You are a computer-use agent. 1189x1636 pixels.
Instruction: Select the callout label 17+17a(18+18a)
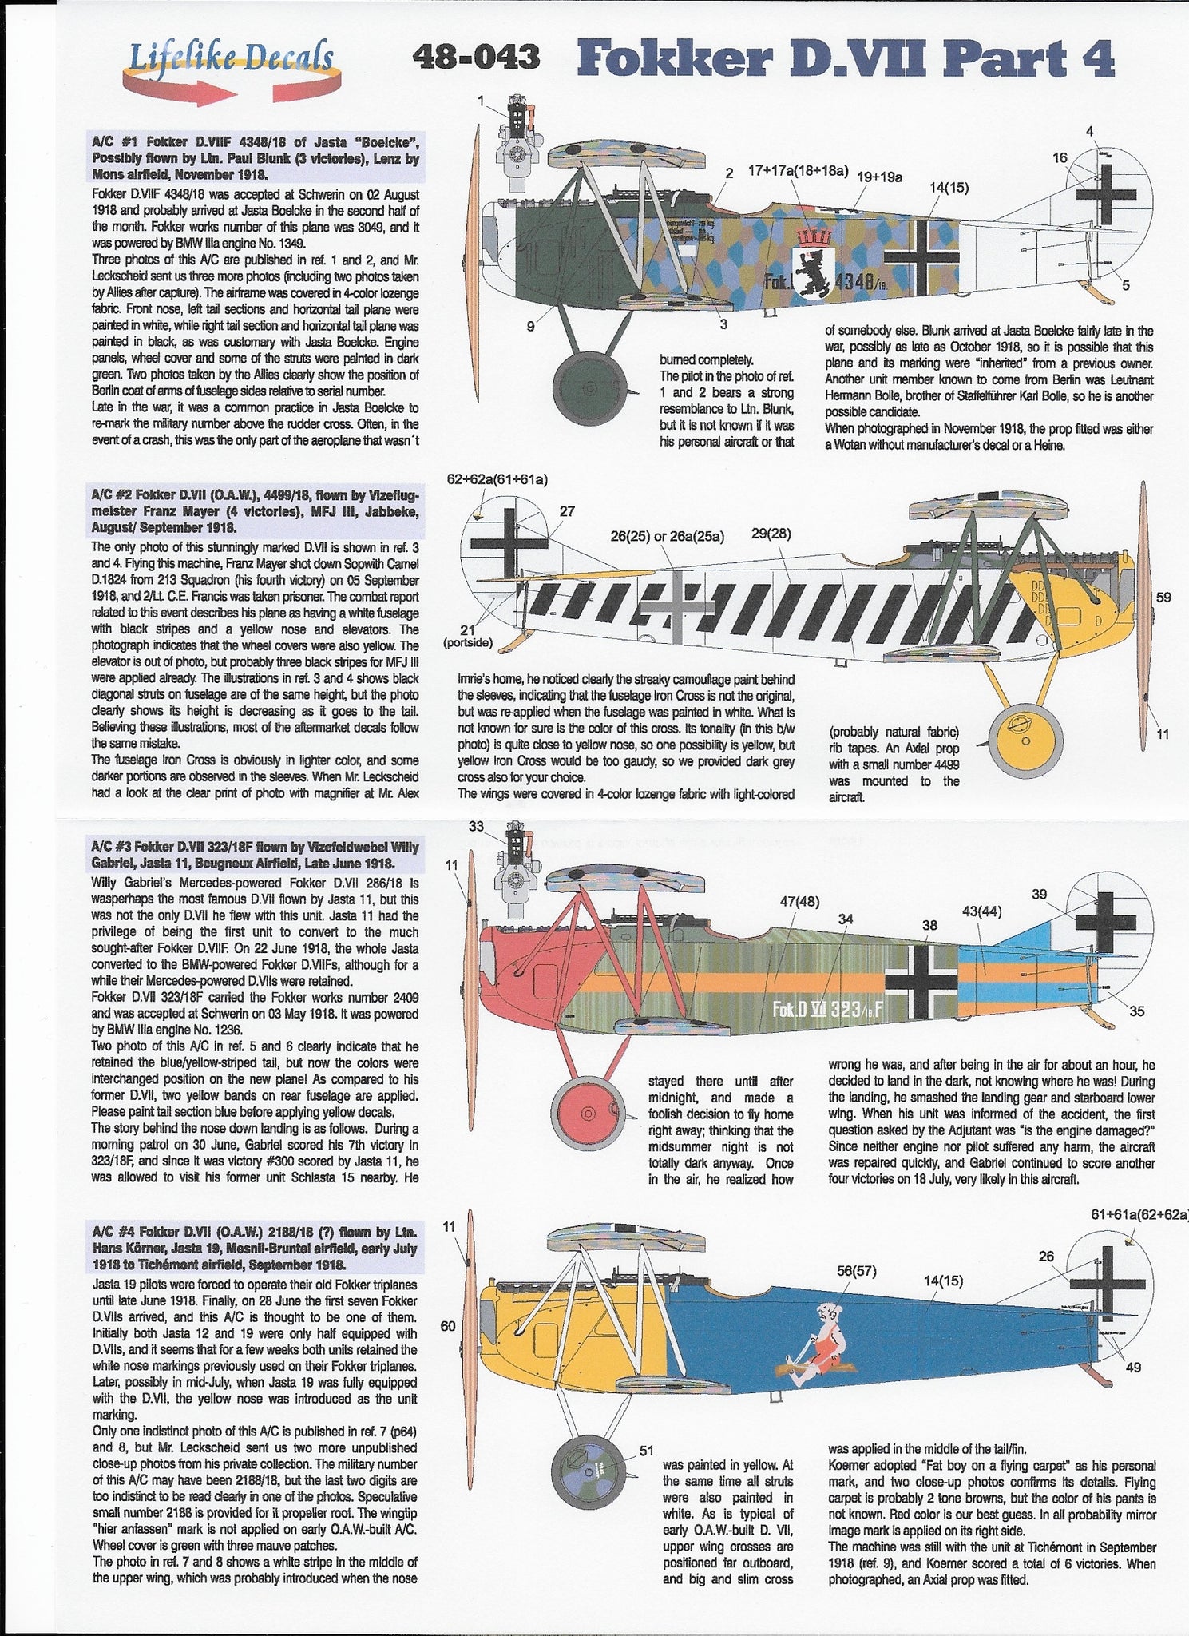[798, 170]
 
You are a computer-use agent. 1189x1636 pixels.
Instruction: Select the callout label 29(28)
[771, 534]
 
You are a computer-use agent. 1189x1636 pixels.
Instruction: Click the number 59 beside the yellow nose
[1163, 596]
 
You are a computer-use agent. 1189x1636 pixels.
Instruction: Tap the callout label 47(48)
[799, 902]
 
